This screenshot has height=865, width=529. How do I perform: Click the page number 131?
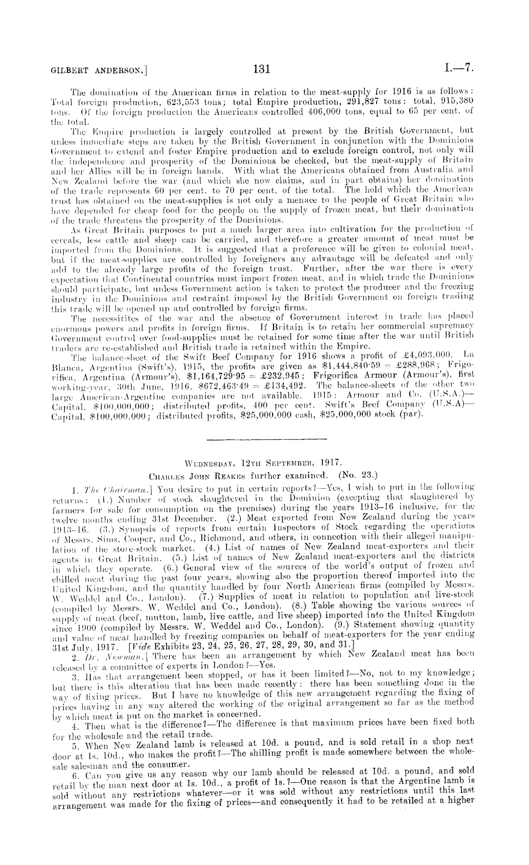pos(262,69)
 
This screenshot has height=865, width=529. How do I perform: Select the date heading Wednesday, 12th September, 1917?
pos(263,461)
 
